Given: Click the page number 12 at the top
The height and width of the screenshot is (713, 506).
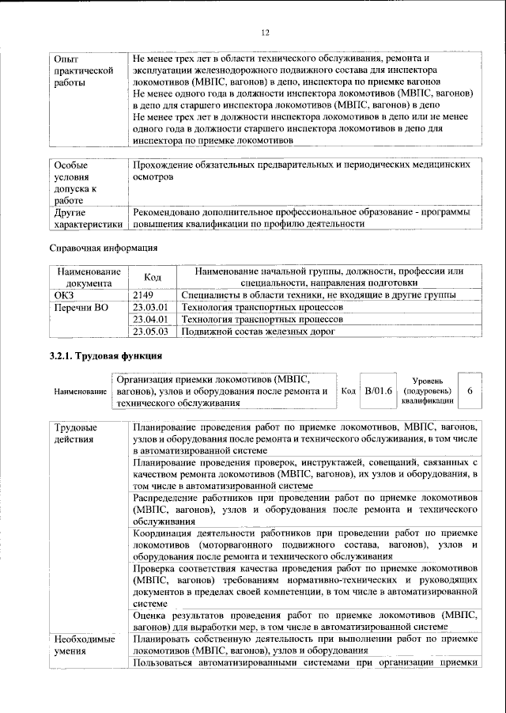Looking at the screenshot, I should pyautogui.click(x=265, y=32).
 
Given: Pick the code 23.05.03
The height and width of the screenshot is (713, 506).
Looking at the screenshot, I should pyautogui.click(x=151, y=332).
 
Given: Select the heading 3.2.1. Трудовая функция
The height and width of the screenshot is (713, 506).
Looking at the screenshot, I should pyautogui.click(x=106, y=356).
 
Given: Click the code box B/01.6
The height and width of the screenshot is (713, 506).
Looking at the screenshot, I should pyautogui.click(x=378, y=390).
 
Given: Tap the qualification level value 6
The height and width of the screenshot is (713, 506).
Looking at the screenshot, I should pyautogui.click(x=470, y=391).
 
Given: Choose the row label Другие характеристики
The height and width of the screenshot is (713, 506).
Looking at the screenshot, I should pyautogui.click(x=87, y=218).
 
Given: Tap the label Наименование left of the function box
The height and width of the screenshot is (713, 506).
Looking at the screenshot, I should pyautogui.click(x=80, y=392).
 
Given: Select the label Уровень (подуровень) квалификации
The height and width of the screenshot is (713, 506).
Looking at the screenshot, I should pyautogui.click(x=427, y=391).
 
